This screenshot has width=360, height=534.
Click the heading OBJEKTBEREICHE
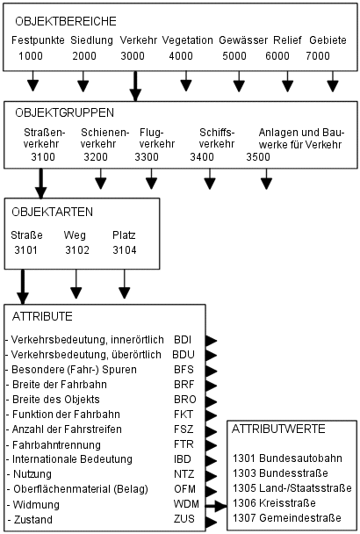pyautogui.click(x=60, y=19)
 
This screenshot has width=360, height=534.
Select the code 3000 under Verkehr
pyautogui.click(x=133, y=56)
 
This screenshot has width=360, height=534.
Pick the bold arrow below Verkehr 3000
pyautogui.click(x=134, y=86)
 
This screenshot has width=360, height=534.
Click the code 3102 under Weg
pyautogui.click(x=77, y=251)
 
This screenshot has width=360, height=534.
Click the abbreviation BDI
pyautogui.click(x=183, y=338)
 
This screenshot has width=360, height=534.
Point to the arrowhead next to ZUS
pyautogui.click(x=211, y=521)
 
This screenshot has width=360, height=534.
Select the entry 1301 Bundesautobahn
pyautogui.click(x=284, y=458)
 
